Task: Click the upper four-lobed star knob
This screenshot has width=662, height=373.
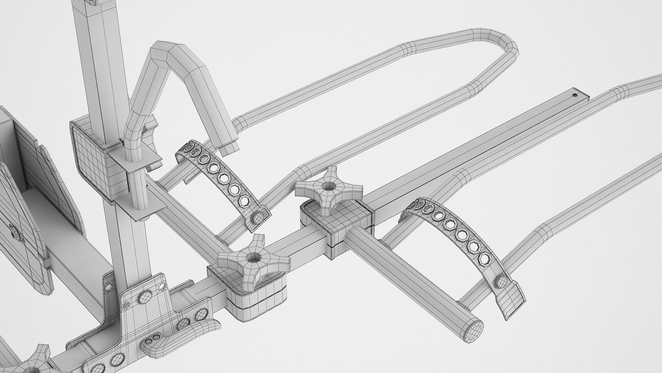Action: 328,191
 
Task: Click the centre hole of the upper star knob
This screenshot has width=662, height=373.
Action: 327,187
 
